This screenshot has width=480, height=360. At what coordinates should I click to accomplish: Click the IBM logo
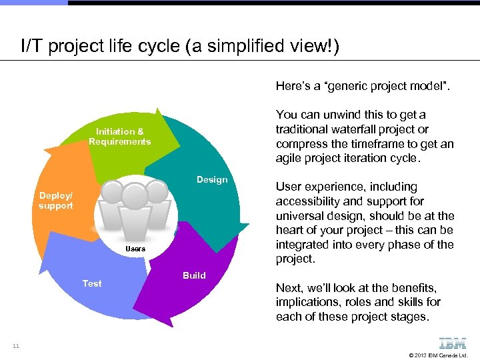point(453,344)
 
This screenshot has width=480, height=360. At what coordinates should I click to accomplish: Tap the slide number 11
point(15,346)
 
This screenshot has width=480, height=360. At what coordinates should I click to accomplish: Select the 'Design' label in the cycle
point(212,179)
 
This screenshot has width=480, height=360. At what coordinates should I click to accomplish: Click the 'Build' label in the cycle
point(194,275)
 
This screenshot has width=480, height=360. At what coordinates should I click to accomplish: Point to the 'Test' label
point(92,283)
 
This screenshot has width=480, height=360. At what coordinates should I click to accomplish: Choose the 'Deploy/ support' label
point(56,201)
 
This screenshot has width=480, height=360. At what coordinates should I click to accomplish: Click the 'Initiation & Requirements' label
point(119,137)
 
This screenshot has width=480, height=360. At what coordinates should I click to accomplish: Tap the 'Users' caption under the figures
point(135,249)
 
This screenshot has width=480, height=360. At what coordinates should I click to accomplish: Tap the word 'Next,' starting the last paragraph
point(289,288)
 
